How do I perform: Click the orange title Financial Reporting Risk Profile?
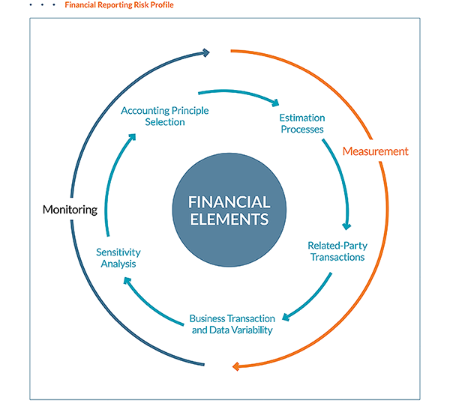click(x=119, y=5)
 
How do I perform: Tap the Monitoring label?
click(x=70, y=210)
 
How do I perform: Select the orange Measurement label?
click(x=376, y=151)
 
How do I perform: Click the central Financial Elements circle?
click(x=229, y=210)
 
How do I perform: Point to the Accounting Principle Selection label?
click(x=165, y=116)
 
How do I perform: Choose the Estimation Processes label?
click(x=302, y=124)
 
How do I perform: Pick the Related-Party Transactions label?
click(x=337, y=252)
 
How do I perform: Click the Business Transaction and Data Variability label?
click(x=232, y=324)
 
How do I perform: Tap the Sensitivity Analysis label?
click(x=118, y=258)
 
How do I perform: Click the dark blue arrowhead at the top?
click(x=206, y=52)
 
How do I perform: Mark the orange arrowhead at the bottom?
click(x=236, y=366)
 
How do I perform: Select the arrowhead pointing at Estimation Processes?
click(x=275, y=103)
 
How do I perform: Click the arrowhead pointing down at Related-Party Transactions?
click(x=346, y=226)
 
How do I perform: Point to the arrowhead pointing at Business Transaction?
click(x=286, y=317)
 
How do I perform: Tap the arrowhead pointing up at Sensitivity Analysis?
click(x=127, y=281)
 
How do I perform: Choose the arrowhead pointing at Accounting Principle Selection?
click(x=132, y=137)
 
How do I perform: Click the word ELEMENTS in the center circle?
click(x=229, y=219)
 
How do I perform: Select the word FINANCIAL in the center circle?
click(x=229, y=202)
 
